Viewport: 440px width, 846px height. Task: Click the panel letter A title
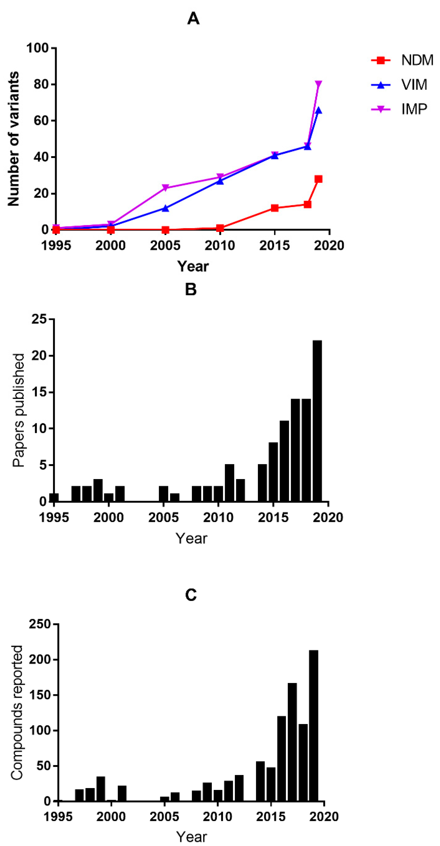193,19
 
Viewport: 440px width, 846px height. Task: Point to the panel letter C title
191,594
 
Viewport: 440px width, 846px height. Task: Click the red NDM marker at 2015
275,208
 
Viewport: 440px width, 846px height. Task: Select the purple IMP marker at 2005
165,187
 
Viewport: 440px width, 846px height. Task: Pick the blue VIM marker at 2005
165,208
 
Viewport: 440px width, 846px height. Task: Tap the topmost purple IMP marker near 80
318,84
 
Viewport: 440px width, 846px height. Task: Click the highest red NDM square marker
318,179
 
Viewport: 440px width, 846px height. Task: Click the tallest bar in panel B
317,420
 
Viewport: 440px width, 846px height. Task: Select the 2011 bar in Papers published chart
229,483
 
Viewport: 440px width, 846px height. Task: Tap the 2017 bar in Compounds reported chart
292,742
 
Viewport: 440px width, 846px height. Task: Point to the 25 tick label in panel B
39,319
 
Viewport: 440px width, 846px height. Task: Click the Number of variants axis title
14,139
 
